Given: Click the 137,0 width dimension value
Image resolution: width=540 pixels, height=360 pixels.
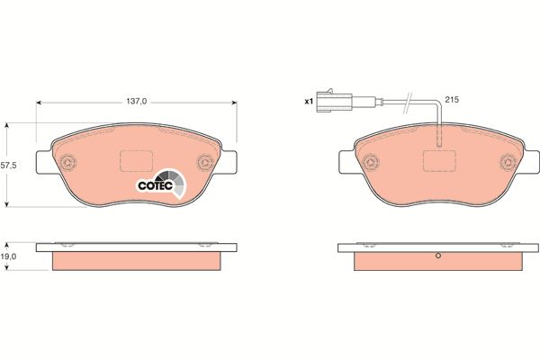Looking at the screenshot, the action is tap(137, 102).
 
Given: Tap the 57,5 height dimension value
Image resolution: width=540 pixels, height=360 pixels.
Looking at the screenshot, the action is tap(8, 166).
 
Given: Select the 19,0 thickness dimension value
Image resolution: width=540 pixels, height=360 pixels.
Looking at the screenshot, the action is tap(8, 256).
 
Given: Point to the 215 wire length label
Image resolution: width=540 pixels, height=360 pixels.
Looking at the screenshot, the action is tap(452, 100).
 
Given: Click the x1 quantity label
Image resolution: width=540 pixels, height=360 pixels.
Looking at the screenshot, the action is tap(308, 102).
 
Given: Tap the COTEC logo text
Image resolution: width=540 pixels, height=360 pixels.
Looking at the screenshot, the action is tap(156, 185).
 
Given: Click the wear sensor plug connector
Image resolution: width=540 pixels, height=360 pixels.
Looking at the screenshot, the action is tap(335, 101).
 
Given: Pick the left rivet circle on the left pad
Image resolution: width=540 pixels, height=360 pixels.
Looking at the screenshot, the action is tap(67, 162).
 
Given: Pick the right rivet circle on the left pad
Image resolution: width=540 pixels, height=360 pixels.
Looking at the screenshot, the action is tap(205, 162).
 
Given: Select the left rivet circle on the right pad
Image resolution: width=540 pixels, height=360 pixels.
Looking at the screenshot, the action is tap(371, 162).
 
